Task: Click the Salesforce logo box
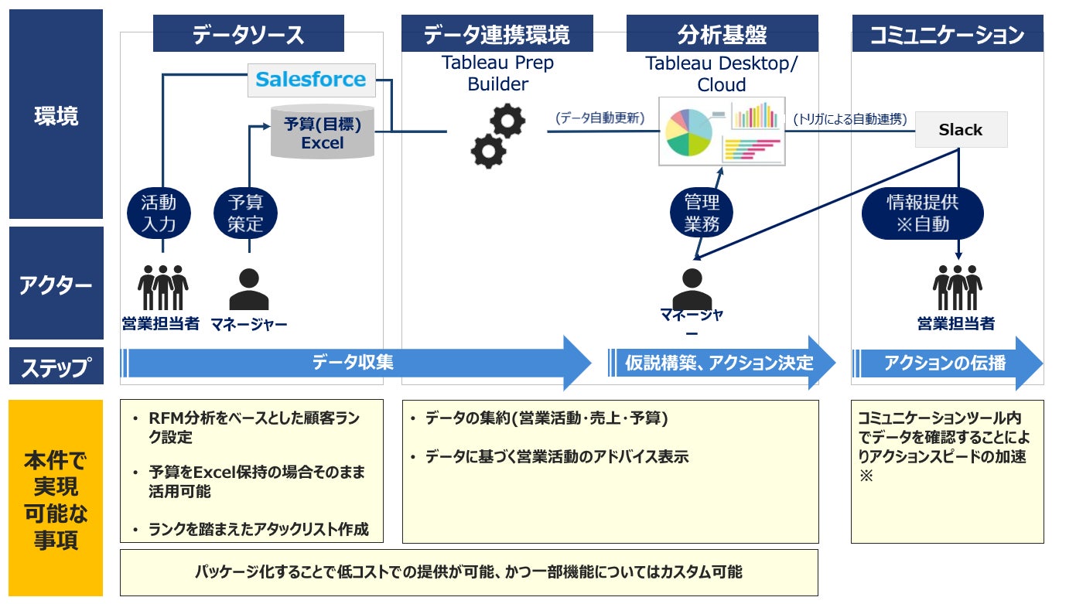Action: (x=311, y=80)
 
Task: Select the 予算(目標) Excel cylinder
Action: (x=323, y=131)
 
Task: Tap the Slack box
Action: (x=961, y=130)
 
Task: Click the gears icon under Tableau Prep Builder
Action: (x=498, y=136)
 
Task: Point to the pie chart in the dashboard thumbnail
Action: (x=688, y=132)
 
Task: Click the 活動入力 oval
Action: (x=159, y=213)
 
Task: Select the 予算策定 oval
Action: (x=245, y=213)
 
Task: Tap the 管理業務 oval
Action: (x=702, y=213)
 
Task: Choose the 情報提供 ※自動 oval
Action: (x=922, y=213)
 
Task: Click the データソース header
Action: (x=248, y=33)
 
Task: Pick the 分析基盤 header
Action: (x=722, y=33)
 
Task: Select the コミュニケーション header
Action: (x=948, y=33)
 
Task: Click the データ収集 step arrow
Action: (x=356, y=363)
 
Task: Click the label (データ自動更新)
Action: (x=600, y=118)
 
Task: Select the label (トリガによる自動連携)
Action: (x=850, y=118)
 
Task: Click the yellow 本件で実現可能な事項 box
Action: (x=56, y=498)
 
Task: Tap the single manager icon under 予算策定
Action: (x=249, y=289)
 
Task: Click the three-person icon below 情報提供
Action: (x=958, y=288)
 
